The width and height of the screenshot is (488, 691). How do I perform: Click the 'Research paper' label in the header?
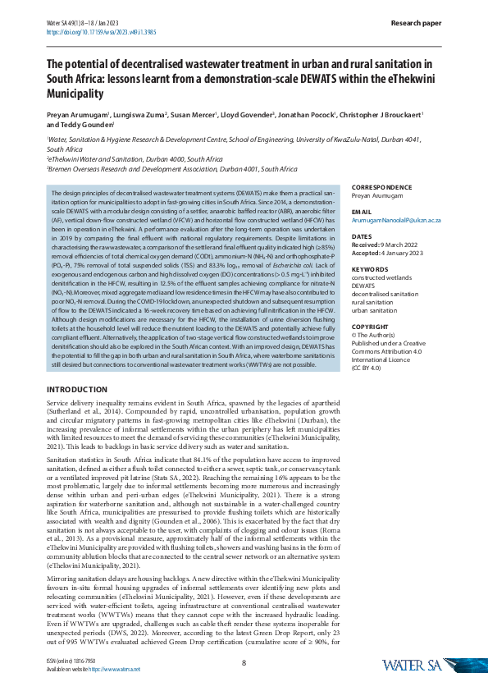point(418,24)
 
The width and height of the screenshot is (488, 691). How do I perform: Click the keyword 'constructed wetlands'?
point(384,278)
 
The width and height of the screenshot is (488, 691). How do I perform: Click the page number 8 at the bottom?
point(244,663)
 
